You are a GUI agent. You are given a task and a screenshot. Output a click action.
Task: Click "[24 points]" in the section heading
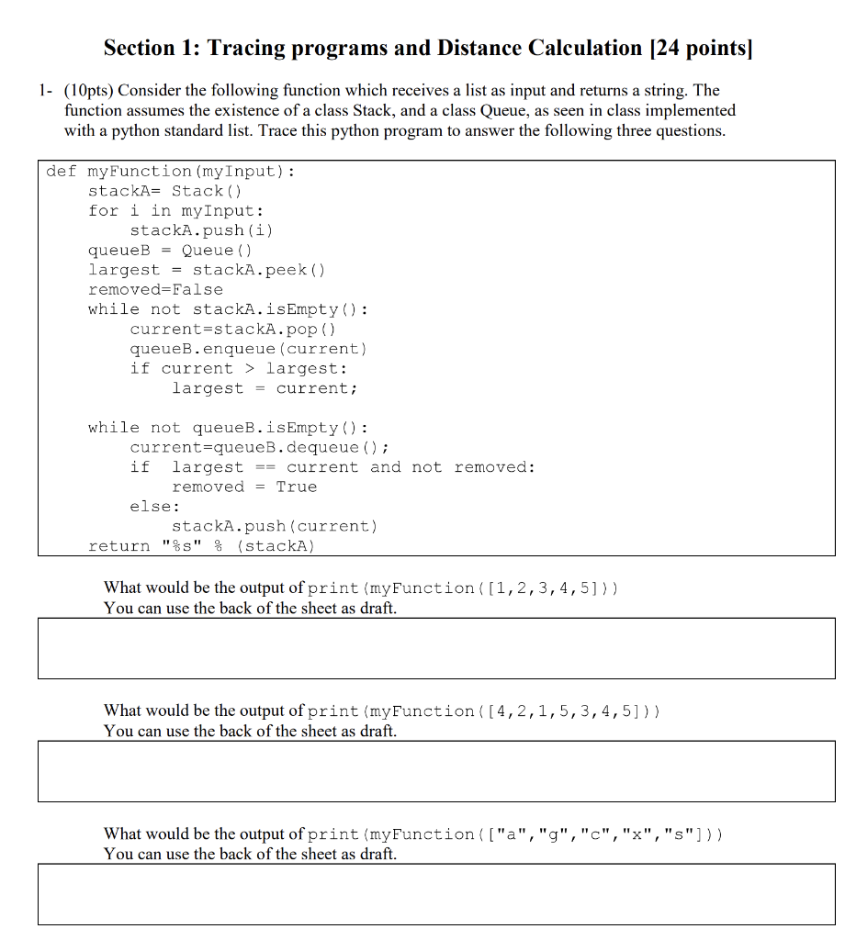[x=700, y=48]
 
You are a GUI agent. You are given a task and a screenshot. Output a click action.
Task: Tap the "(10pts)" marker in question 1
[x=89, y=90]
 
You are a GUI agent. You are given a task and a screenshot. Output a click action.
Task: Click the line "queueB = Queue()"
[x=170, y=250]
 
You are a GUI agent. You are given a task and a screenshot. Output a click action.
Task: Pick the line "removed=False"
[x=155, y=289]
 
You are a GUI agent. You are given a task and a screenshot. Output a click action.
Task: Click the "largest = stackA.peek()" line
[x=207, y=270]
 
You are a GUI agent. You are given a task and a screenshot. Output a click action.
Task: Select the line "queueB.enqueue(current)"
[x=248, y=349]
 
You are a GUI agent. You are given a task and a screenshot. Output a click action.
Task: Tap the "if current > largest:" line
[x=239, y=368]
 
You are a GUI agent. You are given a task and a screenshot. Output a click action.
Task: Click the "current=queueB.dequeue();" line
[x=260, y=447]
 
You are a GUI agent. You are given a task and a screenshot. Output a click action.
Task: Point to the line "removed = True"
[x=244, y=487]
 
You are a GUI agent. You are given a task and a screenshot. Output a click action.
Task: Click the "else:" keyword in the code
[x=155, y=506]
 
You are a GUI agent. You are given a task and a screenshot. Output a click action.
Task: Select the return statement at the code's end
[x=201, y=546]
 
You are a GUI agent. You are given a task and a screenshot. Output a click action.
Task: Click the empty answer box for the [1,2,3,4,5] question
[x=436, y=648]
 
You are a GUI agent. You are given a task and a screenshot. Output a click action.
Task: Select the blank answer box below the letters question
[x=436, y=894]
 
